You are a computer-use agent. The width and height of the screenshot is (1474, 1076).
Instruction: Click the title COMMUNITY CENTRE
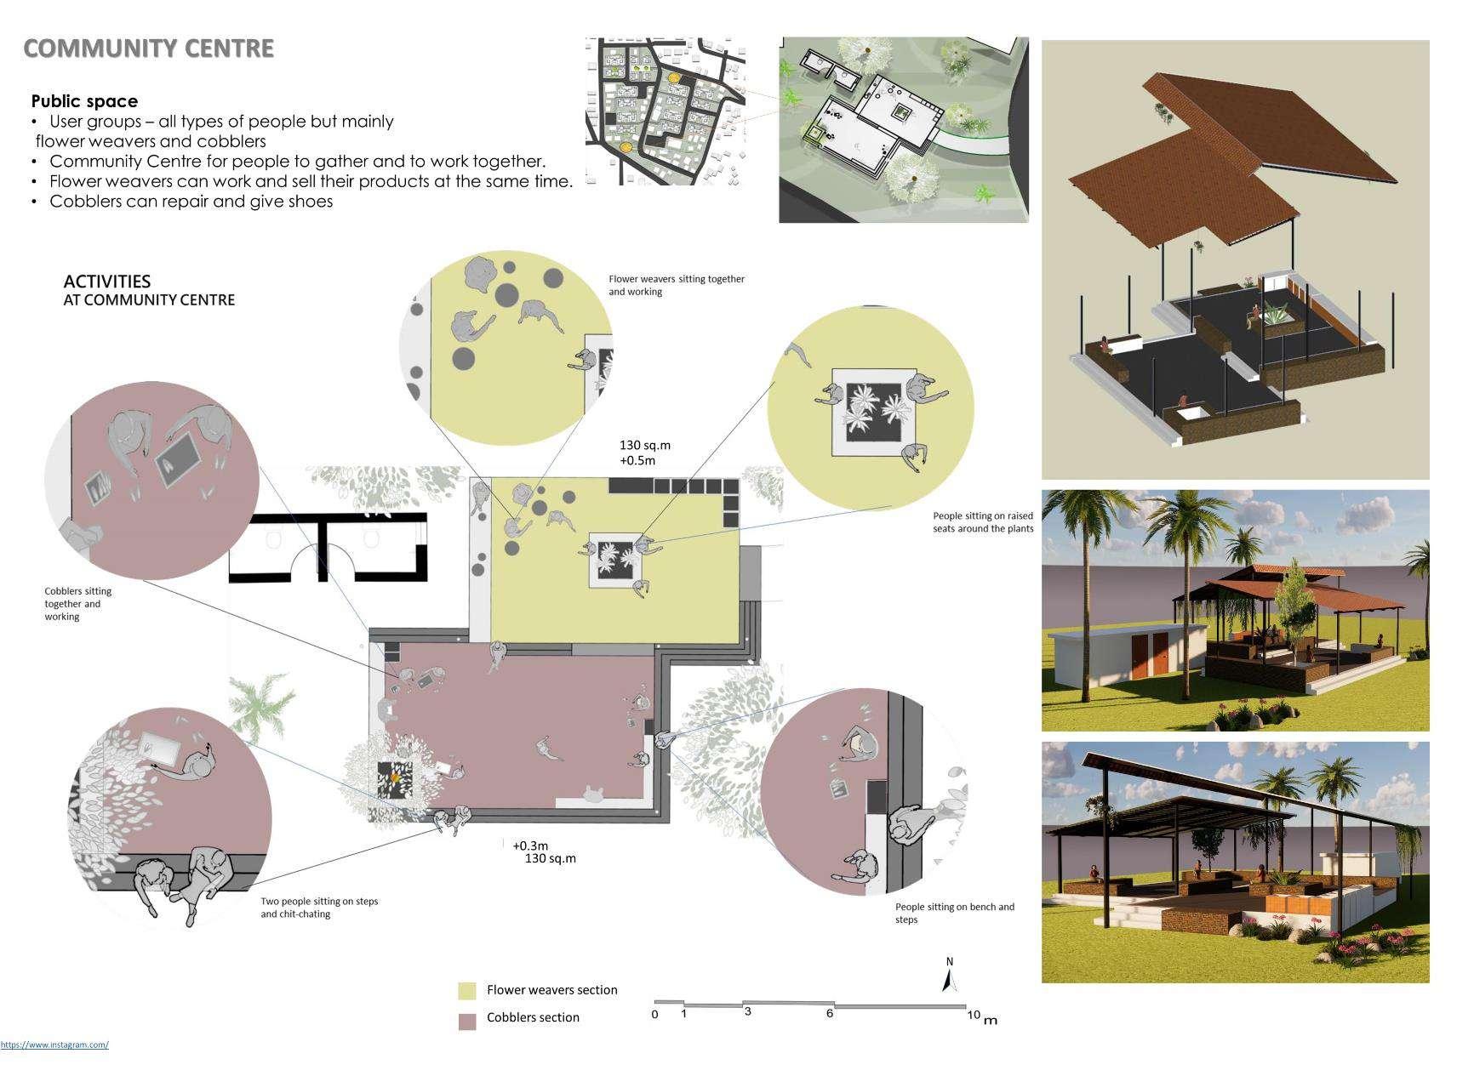pyautogui.click(x=149, y=48)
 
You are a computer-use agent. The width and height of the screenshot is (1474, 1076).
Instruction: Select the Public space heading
pyautogui.click(x=84, y=101)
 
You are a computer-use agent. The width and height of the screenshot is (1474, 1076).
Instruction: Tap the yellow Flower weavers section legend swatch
pyautogui.click(x=467, y=991)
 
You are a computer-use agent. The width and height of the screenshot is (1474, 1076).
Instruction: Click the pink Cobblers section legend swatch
pyautogui.click(x=467, y=1022)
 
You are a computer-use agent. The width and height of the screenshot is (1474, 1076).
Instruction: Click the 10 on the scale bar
pyautogui.click(x=974, y=1015)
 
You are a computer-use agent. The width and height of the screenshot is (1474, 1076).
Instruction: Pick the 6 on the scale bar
pyautogui.click(x=829, y=1013)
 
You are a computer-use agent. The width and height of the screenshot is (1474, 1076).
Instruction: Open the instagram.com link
pyautogui.click(x=54, y=1045)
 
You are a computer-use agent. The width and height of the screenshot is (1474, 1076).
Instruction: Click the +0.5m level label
pyautogui.click(x=637, y=461)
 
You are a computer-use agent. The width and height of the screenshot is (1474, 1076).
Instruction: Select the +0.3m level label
pyautogui.click(x=530, y=845)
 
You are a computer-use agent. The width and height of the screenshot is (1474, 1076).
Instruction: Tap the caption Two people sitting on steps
pyautogui.click(x=319, y=901)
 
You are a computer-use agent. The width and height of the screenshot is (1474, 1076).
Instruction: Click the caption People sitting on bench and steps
pyautogui.click(x=955, y=913)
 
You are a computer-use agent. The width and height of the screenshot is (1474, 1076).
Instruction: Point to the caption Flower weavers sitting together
pyautogui.click(x=677, y=279)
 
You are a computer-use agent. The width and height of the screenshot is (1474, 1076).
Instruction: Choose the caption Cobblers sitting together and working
pyautogui.click(x=78, y=604)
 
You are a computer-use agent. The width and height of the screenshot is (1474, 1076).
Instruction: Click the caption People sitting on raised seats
pyautogui.click(x=983, y=522)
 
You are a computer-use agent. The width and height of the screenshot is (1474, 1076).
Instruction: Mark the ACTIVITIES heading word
pyautogui.click(x=107, y=282)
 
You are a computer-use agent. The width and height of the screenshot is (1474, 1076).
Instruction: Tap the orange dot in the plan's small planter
pyautogui.click(x=395, y=777)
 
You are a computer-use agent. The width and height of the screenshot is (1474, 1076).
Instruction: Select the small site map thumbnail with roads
pyautogui.click(x=666, y=111)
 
